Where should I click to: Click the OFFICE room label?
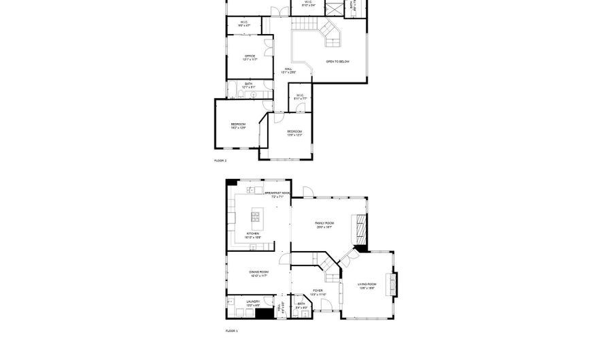tap(250, 58)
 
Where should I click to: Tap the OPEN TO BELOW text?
tap(337, 62)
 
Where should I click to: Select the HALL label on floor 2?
tap(288, 69)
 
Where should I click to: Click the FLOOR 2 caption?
tap(220, 161)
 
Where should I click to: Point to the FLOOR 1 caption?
tap(231, 331)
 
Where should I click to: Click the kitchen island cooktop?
tap(256, 217)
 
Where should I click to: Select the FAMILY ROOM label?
tap(324, 225)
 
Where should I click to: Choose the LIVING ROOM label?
tap(367, 285)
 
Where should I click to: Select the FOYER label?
tap(318, 292)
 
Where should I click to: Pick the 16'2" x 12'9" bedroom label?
tap(238, 126)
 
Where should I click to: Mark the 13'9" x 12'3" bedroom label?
tap(294, 133)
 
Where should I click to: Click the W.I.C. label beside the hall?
tap(299, 97)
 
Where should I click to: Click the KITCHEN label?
tap(252, 235)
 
